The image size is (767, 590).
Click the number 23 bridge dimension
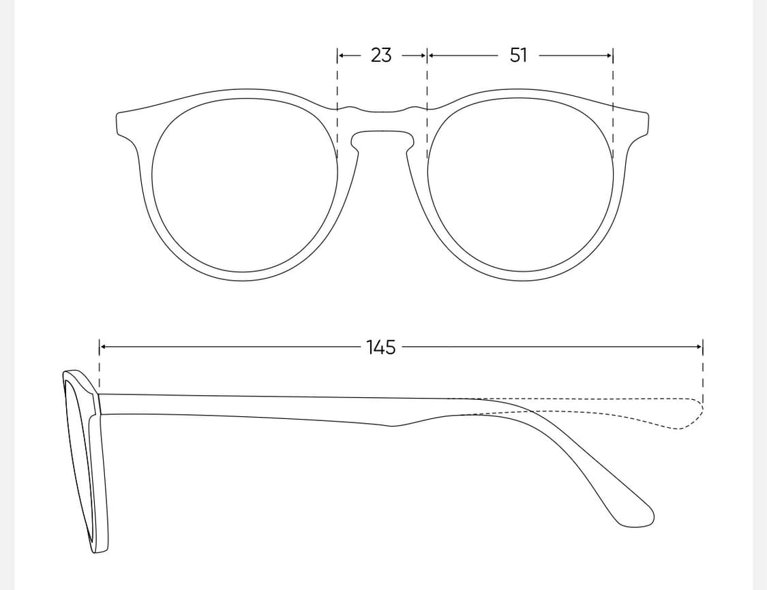click(x=381, y=55)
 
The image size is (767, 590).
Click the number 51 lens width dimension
click(x=519, y=55)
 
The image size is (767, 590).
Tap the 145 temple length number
click(x=380, y=347)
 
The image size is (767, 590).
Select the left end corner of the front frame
click(x=117, y=115)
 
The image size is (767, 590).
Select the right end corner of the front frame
click(x=648, y=115)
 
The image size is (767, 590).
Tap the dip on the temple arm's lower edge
click(x=393, y=426)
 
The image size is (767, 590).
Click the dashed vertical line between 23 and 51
click(x=427, y=103)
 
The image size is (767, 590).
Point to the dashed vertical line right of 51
click(x=613, y=103)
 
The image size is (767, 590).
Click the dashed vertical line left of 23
click(x=337, y=103)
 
